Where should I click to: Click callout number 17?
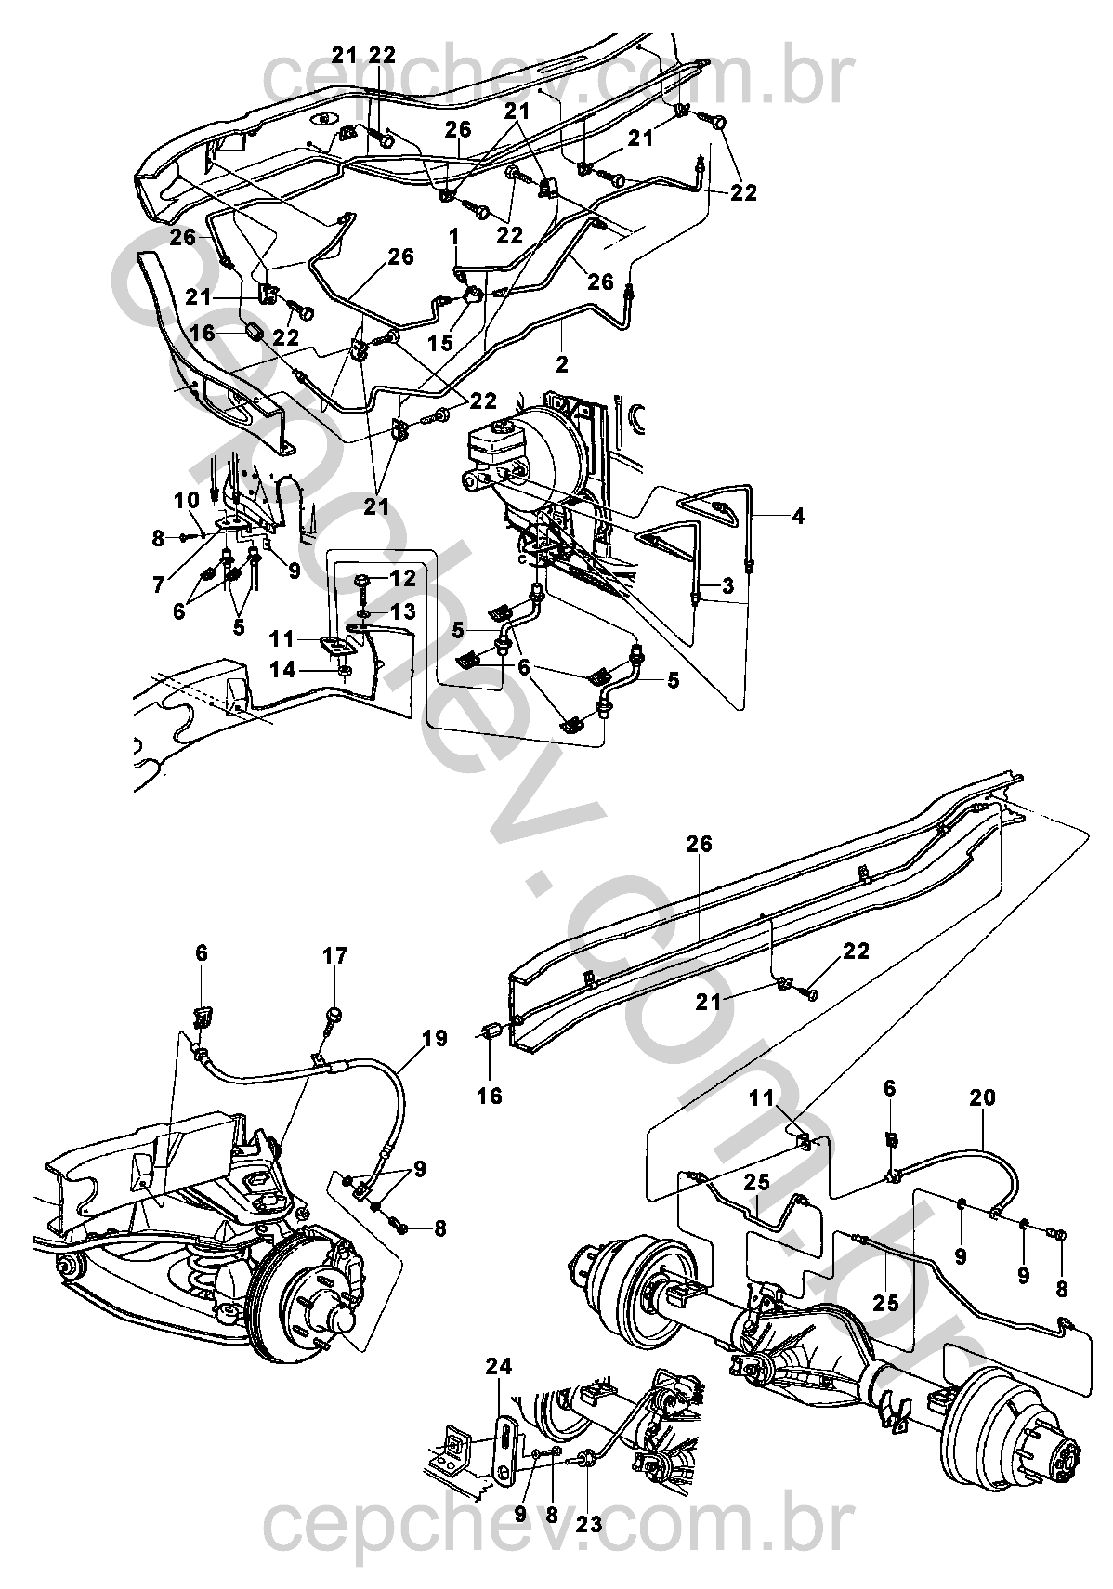coord(335,956)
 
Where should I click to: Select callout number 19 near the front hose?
coord(436,1039)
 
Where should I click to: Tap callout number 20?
coord(983,1098)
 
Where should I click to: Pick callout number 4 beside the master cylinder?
coord(798,517)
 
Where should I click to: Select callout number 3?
coord(727,586)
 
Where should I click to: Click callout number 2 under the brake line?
coord(562,365)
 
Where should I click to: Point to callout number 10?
coord(188,501)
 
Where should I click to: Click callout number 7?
coord(158,584)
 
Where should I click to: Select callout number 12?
coord(402,579)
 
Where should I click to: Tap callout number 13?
coord(402,611)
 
